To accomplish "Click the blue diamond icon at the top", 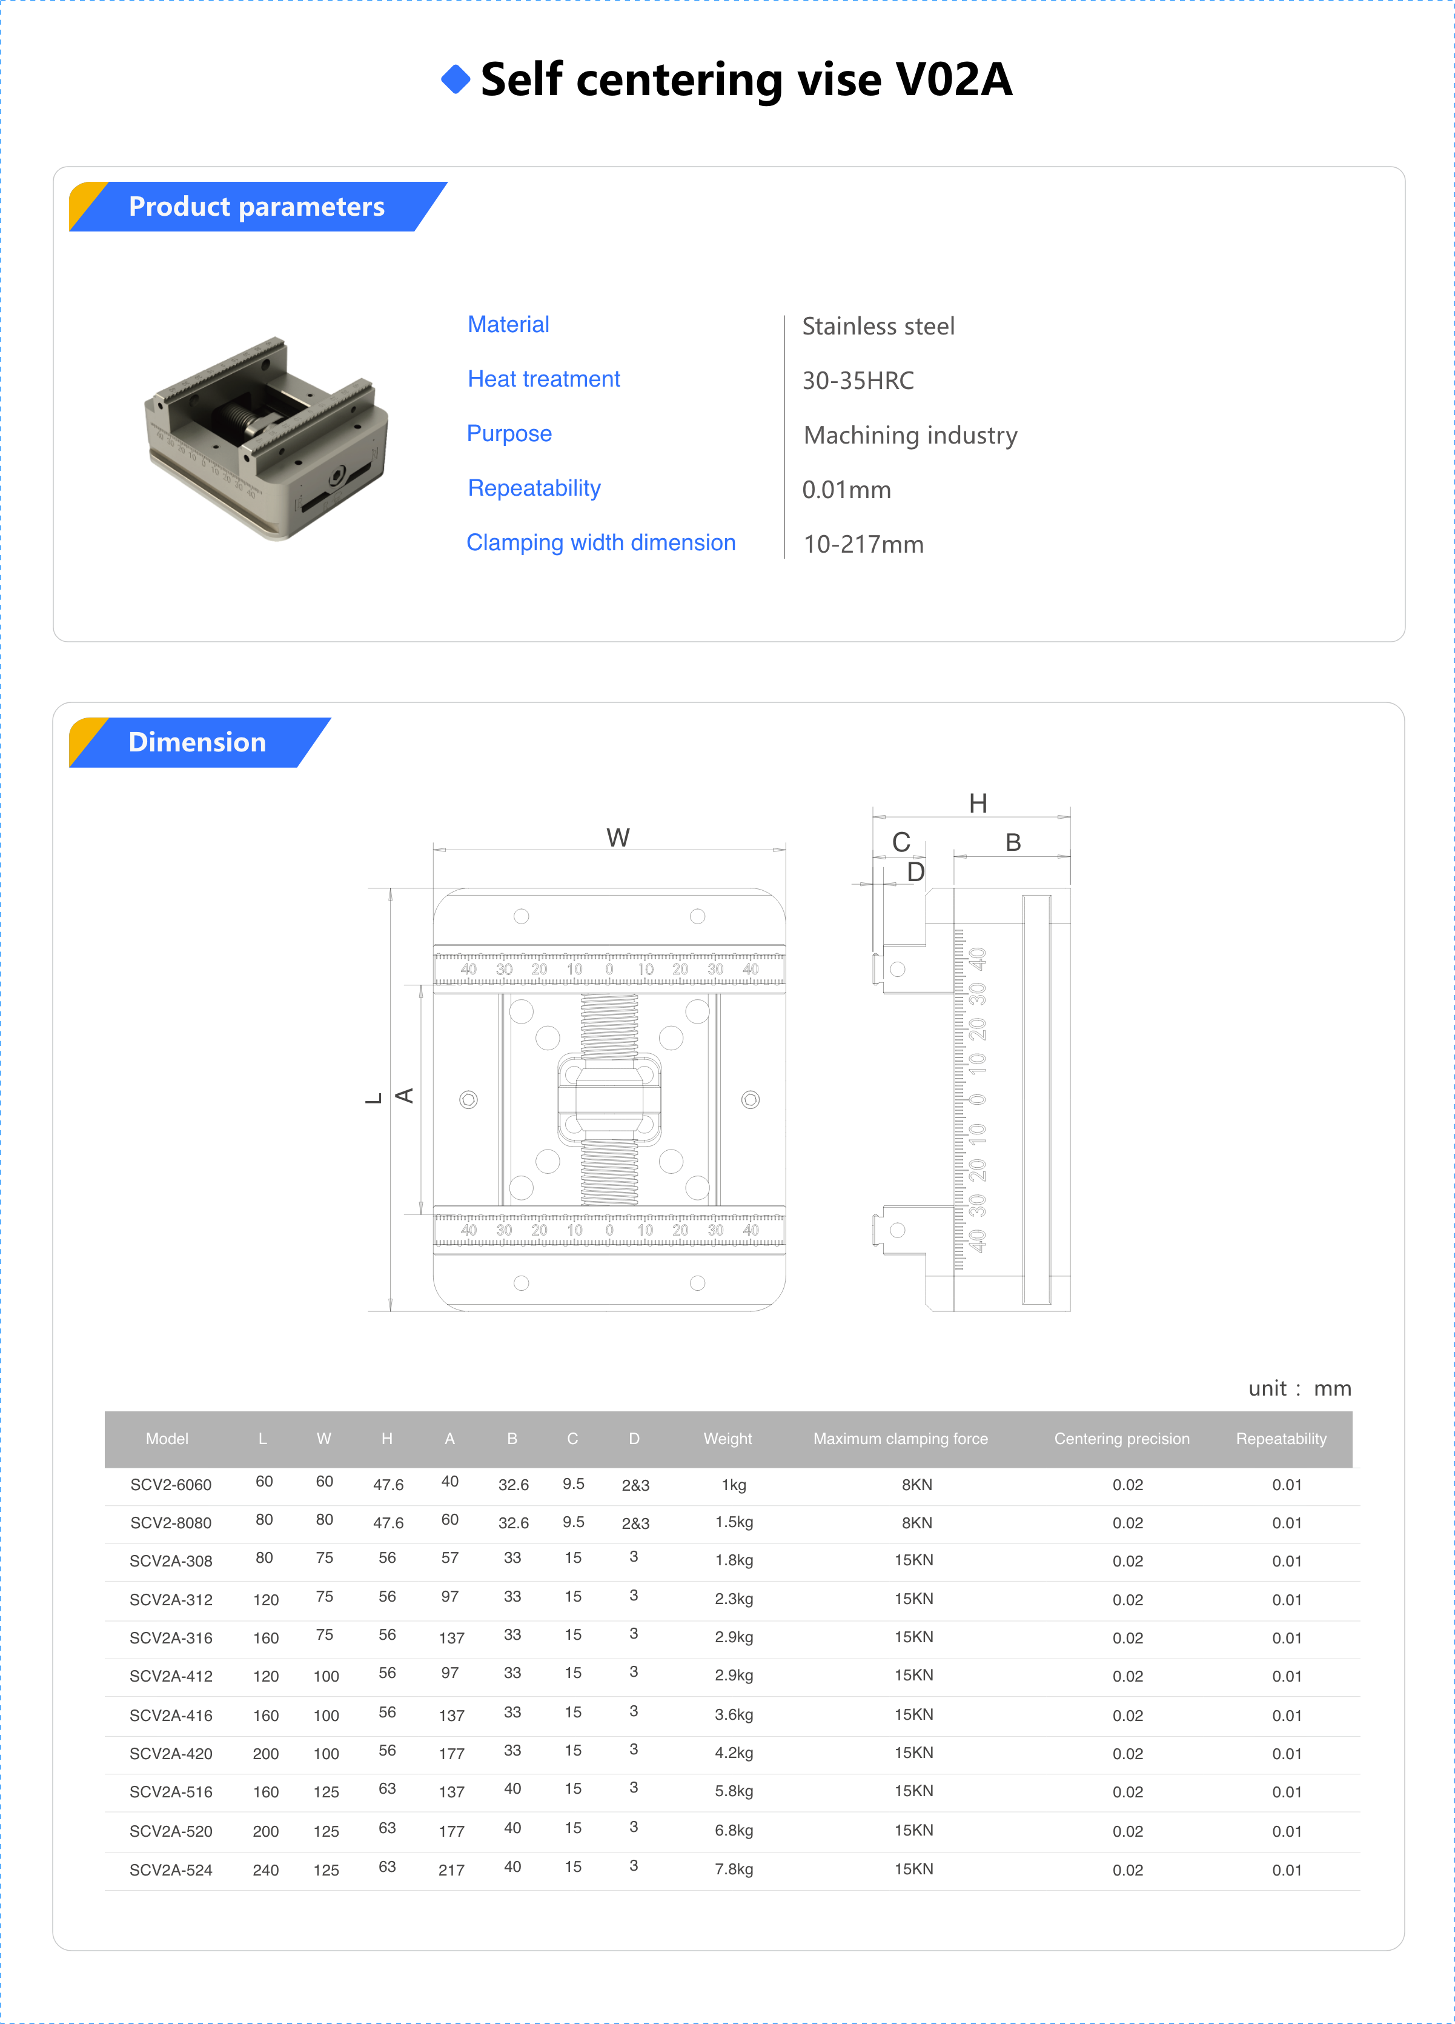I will point(456,79).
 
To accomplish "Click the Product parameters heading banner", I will point(257,207).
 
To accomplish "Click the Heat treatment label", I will point(543,379).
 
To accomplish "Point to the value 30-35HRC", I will point(857,381).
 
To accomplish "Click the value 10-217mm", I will point(863,544).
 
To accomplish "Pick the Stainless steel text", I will point(878,327).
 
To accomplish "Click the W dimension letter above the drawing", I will point(617,837).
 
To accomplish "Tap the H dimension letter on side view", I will point(978,803).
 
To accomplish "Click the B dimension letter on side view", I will point(1013,842).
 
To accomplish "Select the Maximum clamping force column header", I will point(900,1439).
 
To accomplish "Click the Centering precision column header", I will point(1121,1439).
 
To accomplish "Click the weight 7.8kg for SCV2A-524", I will point(734,1869).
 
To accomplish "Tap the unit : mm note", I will point(1299,1388).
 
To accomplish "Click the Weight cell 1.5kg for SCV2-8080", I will point(734,1522).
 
